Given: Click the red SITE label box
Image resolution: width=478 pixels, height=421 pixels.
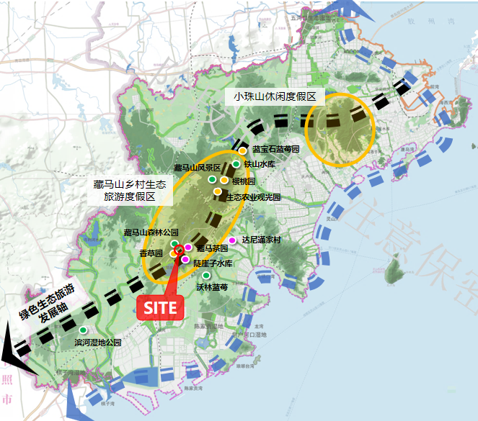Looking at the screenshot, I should [159, 307].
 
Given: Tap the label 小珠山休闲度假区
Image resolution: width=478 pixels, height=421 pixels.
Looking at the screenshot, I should [275, 96].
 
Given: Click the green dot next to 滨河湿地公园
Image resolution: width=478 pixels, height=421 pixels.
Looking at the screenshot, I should [84, 330].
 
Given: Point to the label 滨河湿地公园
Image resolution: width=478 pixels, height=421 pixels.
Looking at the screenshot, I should [98, 343].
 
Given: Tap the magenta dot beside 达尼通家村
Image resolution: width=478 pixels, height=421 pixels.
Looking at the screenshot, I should [232, 240].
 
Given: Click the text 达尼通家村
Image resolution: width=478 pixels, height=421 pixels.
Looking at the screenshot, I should [261, 240].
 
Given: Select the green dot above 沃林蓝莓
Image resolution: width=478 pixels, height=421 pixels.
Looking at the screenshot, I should [206, 276].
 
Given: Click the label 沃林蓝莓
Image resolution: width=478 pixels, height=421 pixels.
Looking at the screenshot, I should [212, 287].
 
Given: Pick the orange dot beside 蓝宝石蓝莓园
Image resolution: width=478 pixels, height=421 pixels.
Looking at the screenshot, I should [243, 151].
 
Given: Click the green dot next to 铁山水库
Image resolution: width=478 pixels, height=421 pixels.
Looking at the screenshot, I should [236, 164].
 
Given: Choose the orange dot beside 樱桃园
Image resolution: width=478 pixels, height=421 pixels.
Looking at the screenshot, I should [224, 180].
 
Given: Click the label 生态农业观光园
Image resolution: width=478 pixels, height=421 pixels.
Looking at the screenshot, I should [253, 196].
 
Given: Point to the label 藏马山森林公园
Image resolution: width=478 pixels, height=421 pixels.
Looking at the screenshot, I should [151, 232].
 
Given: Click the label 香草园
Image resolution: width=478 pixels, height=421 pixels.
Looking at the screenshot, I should [151, 253].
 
